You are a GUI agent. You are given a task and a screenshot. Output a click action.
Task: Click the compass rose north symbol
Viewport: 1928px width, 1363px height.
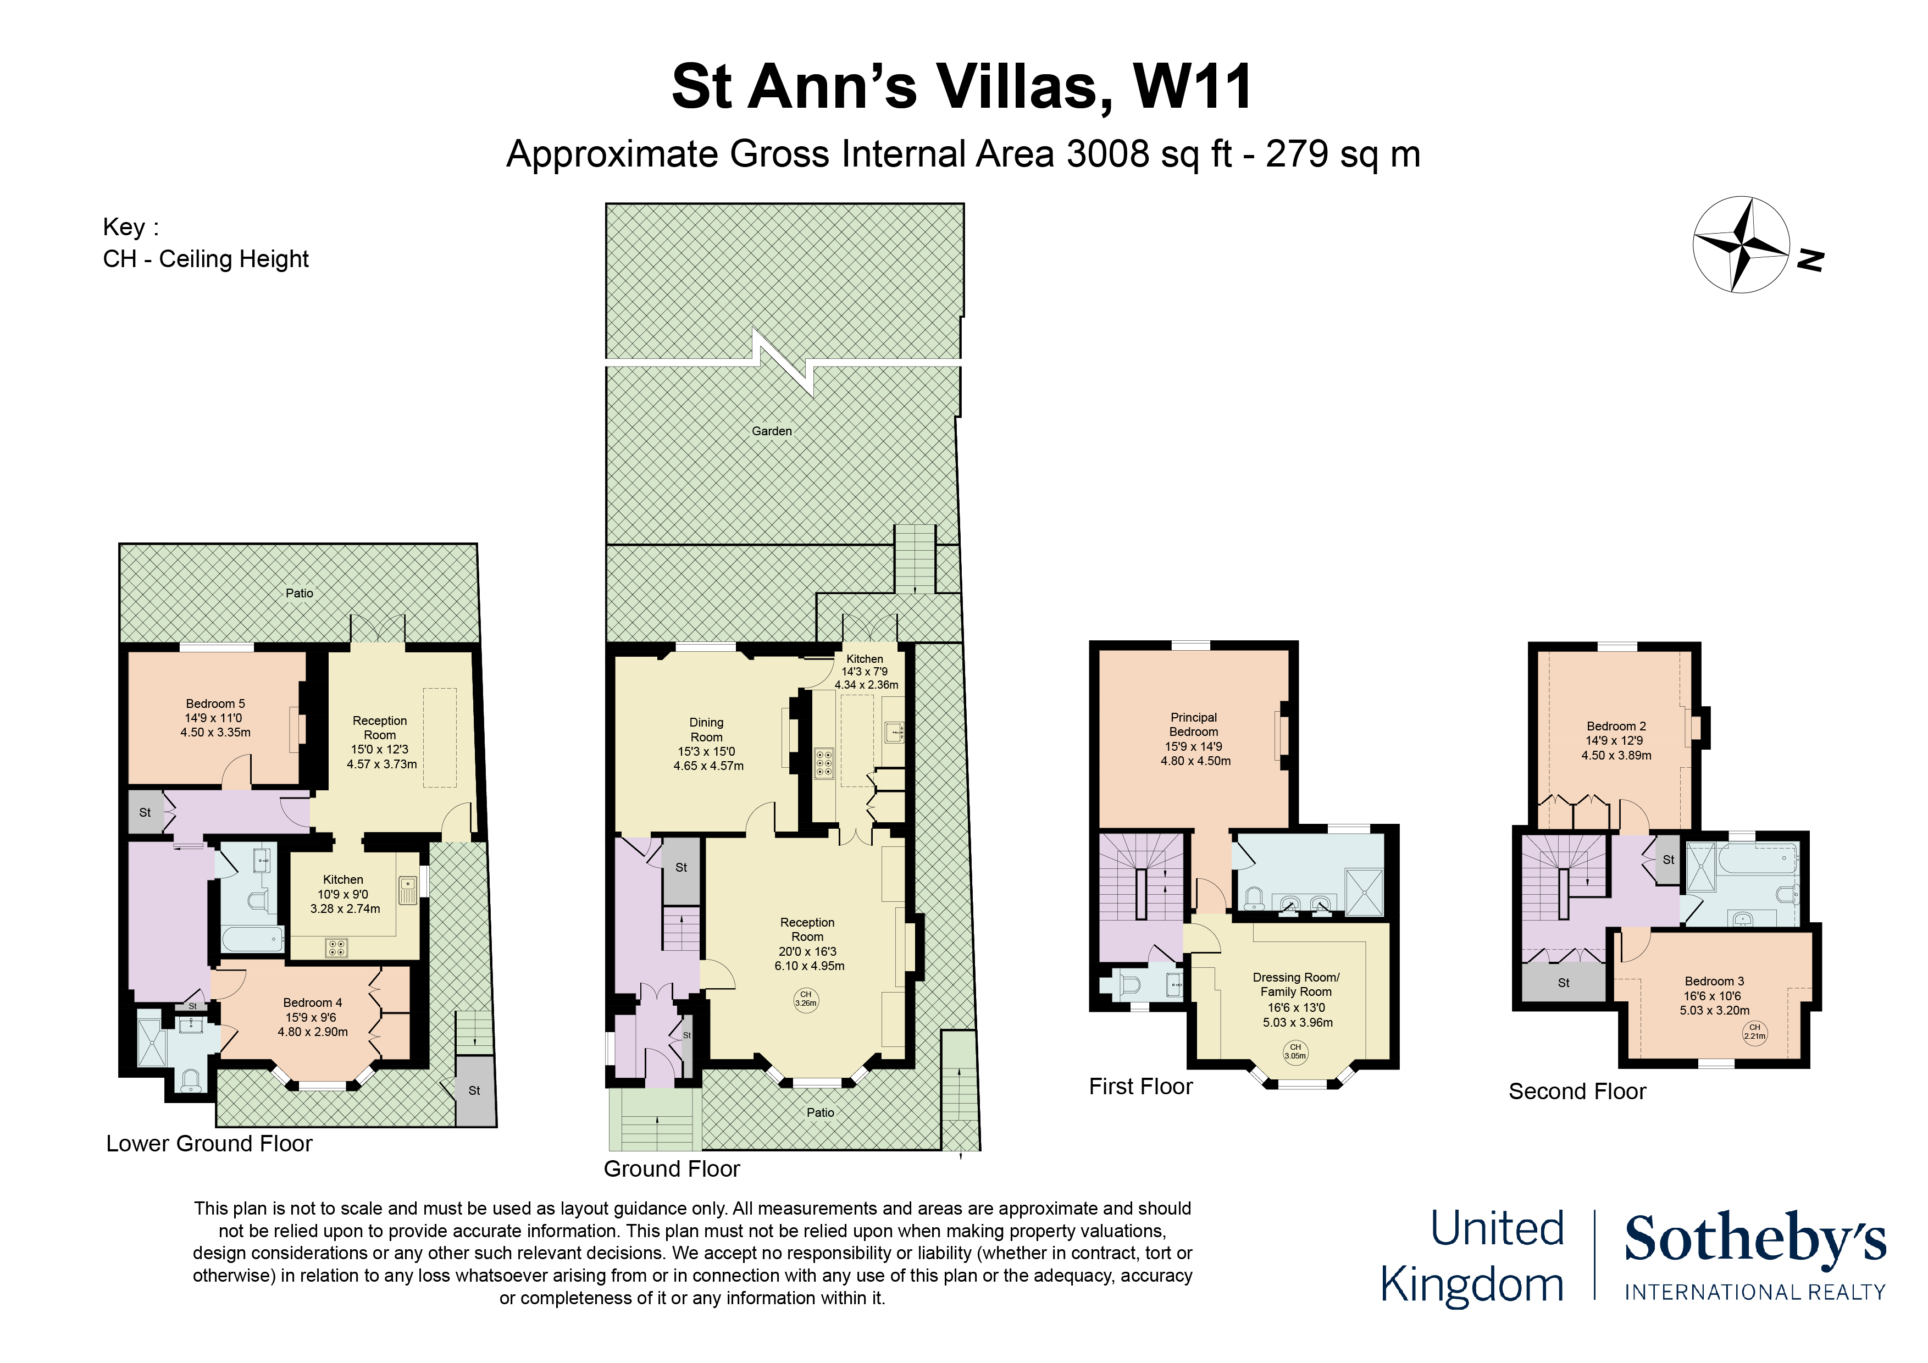[1741, 245]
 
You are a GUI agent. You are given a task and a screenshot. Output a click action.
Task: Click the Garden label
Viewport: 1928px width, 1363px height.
[772, 431]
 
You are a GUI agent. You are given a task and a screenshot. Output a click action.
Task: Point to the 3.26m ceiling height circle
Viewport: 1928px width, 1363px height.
[805, 999]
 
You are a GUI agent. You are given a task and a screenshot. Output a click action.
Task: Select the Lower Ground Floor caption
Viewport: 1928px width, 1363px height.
[209, 1144]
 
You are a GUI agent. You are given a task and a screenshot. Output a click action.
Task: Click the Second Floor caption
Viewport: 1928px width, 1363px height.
[1577, 1091]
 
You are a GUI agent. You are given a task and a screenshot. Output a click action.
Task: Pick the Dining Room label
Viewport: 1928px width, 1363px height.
[706, 730]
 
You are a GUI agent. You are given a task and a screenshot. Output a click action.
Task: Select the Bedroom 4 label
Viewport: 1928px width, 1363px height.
[312, 1002]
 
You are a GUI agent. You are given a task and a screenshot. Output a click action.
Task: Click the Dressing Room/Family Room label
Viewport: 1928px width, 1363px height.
[1296, 984]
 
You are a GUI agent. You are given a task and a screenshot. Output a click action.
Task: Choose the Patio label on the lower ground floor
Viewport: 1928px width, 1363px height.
[299, 593]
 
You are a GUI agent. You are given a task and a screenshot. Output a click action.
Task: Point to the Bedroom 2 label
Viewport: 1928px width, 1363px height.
[1616, 727]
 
